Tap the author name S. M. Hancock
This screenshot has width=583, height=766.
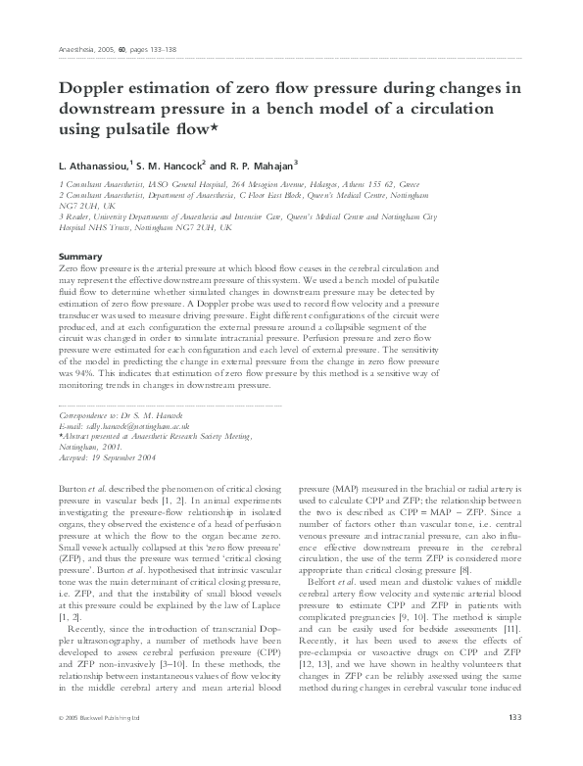168,165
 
